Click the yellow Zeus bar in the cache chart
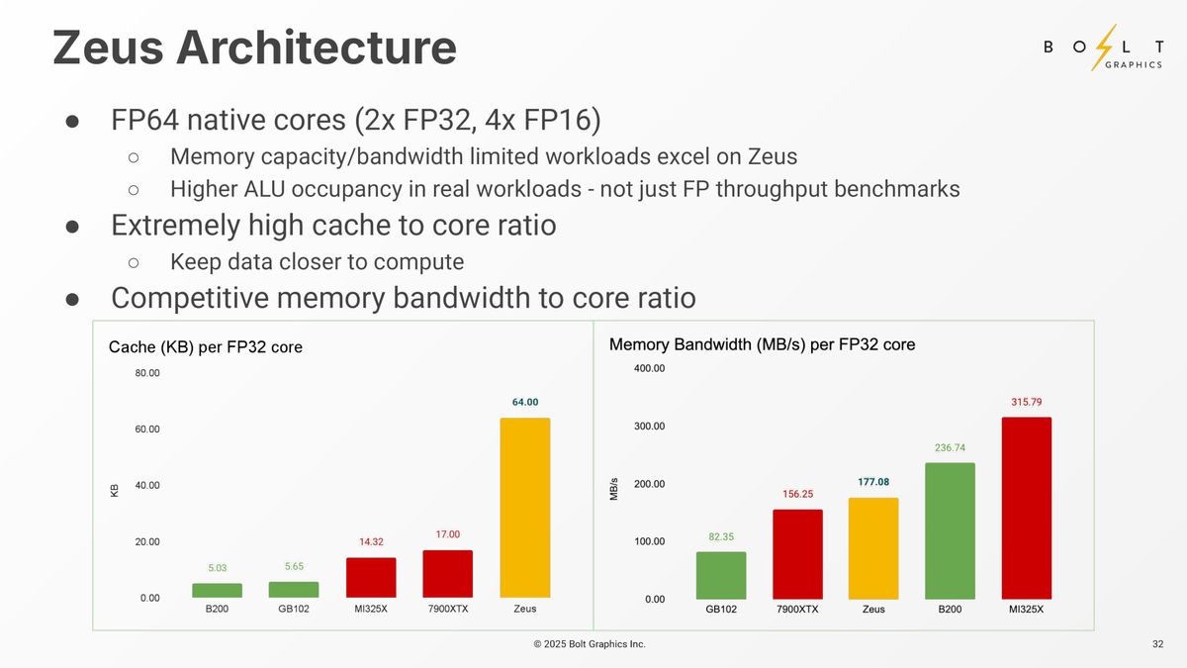coord(524,508)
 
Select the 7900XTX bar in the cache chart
coord(447,574)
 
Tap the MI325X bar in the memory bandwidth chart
coord(1026,508)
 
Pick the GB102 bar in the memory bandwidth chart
coord(720,575)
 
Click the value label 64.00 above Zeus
coord(525,402)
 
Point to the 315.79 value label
coord(1026,402)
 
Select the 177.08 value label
coord(872,482)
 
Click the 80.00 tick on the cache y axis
coord(146,373)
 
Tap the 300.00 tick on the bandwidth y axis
coord(650,427)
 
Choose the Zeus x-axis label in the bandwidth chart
coord(872,610)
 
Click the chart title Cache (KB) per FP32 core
coord(205,347)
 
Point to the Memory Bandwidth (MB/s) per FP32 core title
coord(762,344)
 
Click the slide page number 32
coord(1157,644)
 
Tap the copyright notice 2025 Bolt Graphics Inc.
coord(590,644)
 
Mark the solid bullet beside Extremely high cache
coord(72,226)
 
